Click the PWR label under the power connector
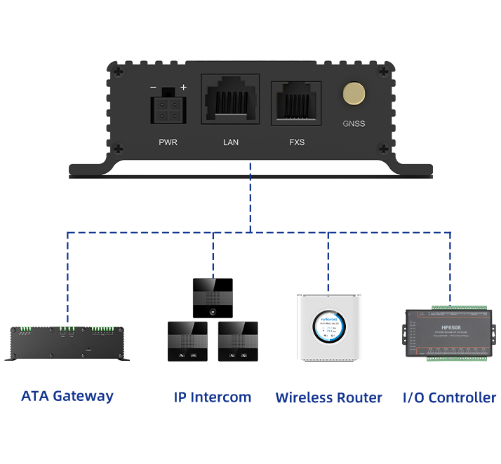[168, 142]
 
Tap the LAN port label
[231, 142]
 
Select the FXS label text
[297, 142]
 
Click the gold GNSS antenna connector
[354, 94]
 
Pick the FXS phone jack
[296, 104]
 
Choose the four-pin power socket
[168, 109]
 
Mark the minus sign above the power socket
[154, 88]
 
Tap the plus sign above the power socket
[184, 88]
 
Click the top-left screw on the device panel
[118, 71]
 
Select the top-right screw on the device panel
[383, 71]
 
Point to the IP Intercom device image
[213, 320]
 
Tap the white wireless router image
[329, 327]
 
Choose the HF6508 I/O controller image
[448, 334]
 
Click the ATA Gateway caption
[67, 396]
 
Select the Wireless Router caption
[329, 398]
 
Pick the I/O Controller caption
[449, 398]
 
